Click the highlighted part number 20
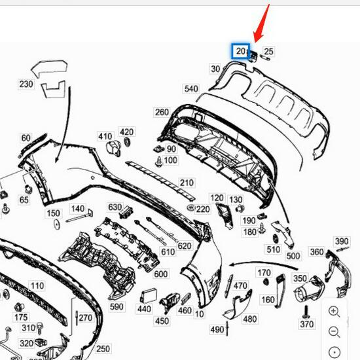pos(241,51)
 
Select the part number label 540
pos(190,88)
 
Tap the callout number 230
pos(26,84)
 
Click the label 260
pos(162,112)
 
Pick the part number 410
pos(105,136)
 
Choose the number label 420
pos(126,132)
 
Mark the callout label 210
pos(187,183)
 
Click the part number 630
pos(115,207)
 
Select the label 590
pos(117,306)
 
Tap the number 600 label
pos(160,274)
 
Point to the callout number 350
pos(300,279)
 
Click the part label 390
pos(342,242)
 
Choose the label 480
pos(249,319)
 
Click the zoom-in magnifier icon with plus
pos(334,312)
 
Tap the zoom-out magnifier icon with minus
pos(334,332)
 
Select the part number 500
pos(293,255)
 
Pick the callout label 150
pos(53,213)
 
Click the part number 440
pos(144,309)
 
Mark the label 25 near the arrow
pos(268,51)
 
